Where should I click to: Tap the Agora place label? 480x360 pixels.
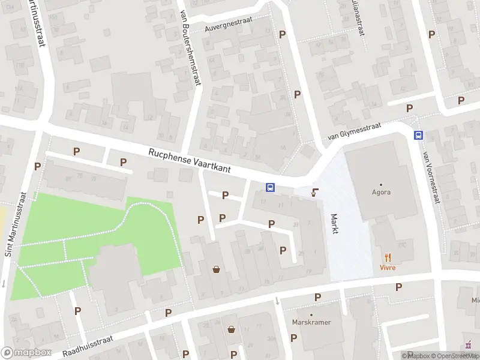pos(380,193)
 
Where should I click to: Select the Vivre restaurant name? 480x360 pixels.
pos(387,267)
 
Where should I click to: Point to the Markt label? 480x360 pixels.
pos(335,223)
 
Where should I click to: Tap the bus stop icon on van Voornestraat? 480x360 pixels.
pos(418,135)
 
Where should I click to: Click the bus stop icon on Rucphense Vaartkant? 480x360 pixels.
pos(270,187)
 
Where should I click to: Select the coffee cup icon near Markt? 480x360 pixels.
pos(314,193)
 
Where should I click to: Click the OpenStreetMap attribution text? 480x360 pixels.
pos(454,356)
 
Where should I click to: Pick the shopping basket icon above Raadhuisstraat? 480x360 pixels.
pos(216,269)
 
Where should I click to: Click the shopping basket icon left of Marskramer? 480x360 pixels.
pos(232,329)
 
